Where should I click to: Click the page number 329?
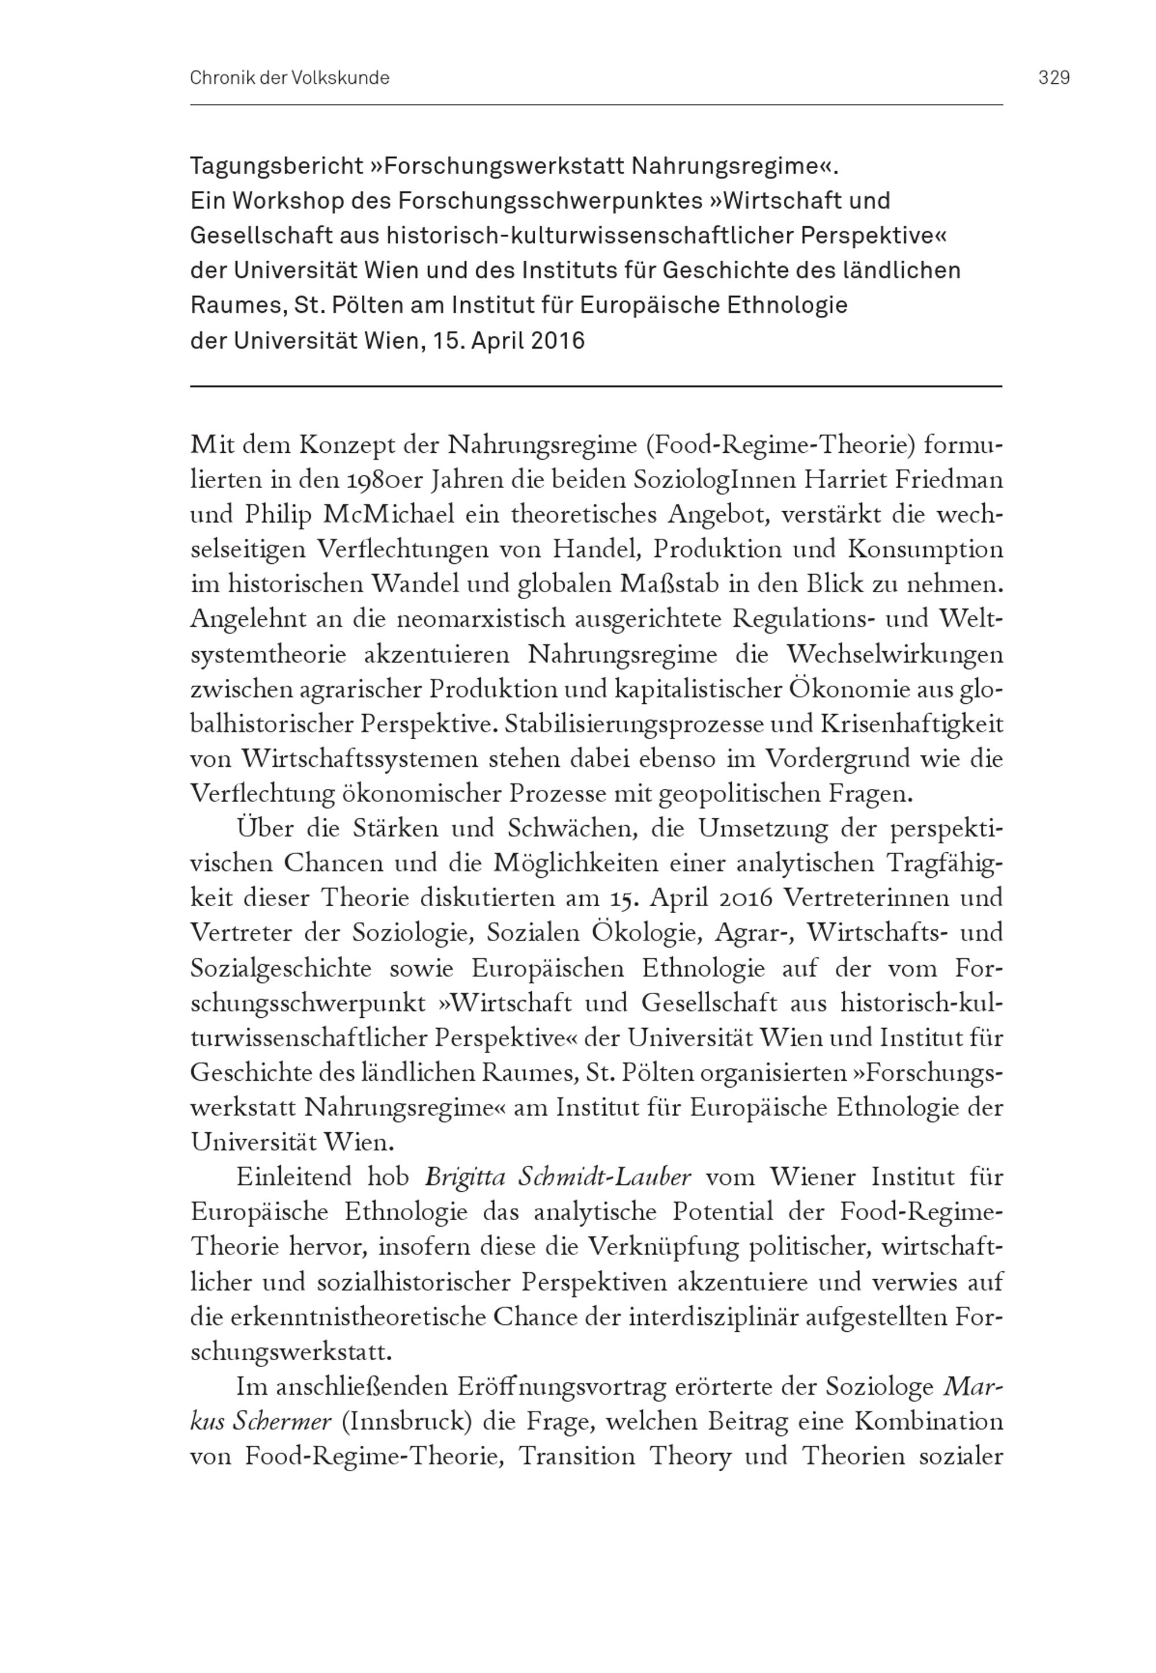pos(1054,77)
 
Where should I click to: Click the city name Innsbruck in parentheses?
pos(406,1421)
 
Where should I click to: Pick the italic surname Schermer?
pos(283,1421)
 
